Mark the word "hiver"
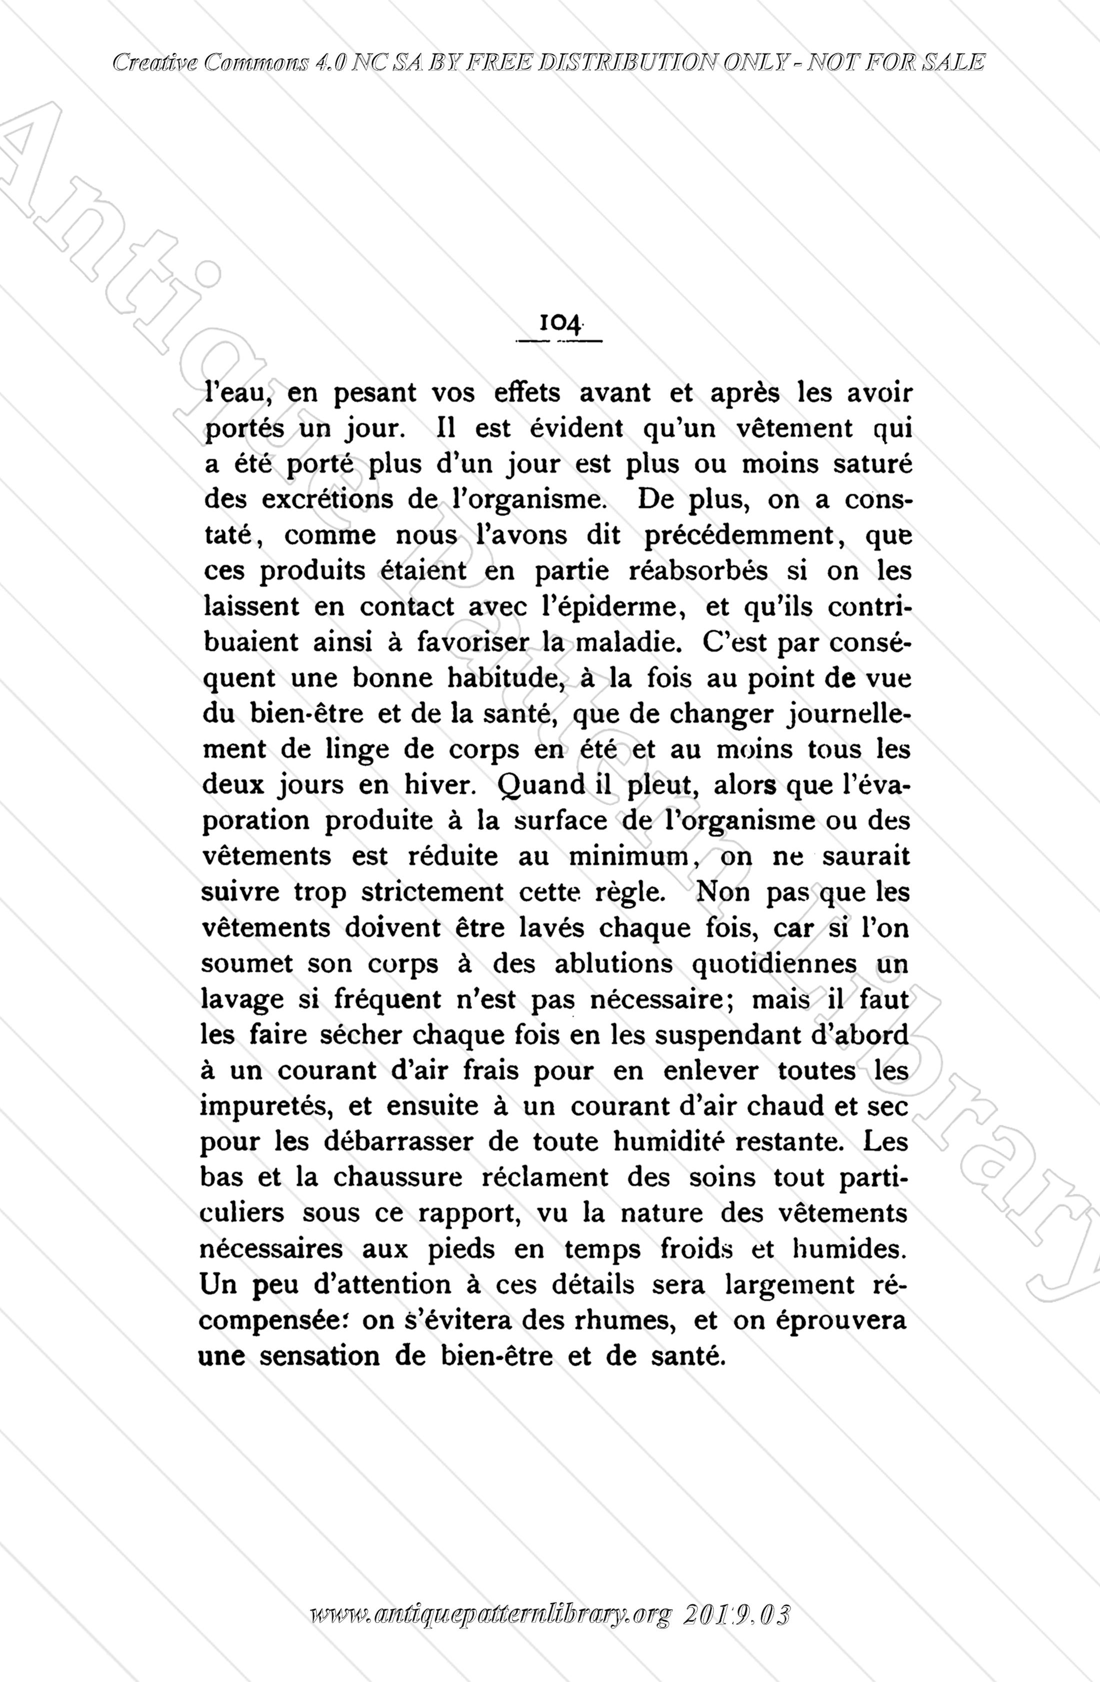(x=433, y=785)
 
